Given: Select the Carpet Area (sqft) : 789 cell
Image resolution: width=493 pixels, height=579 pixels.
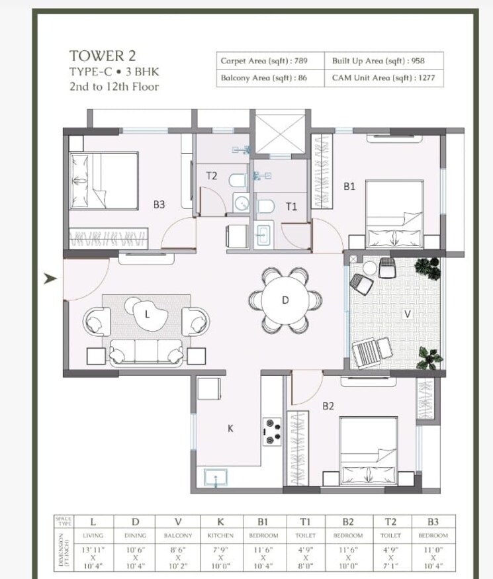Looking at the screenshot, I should (x=264, y=61).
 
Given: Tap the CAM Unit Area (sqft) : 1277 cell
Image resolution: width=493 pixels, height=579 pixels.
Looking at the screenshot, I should (x=379, y=78).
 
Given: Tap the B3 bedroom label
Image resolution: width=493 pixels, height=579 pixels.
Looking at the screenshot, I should (x=159, y=205).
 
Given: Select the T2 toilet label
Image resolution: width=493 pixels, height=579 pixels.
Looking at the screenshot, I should (x=211, y=176).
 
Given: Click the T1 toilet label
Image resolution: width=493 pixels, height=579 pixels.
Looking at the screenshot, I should (x=291, y=206).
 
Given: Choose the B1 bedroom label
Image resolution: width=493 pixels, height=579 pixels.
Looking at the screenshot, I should (x=349, y=187).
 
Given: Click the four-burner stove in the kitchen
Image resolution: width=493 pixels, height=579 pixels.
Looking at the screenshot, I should (x=272, y=431).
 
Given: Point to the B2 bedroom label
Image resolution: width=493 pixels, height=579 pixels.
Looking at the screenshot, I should (x=328, y=407).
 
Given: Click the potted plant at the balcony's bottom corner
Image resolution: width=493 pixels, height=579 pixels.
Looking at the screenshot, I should (x=429, y=359).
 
